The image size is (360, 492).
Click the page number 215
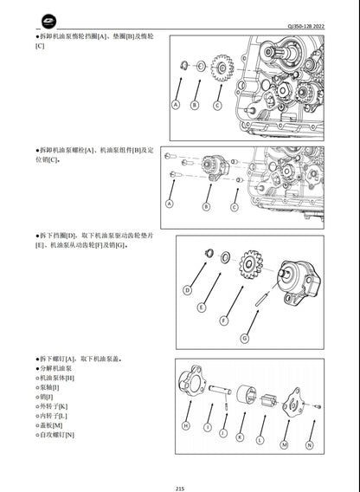coord(179,486)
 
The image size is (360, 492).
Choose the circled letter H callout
coord(186,426)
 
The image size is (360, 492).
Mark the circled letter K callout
coord(239,438)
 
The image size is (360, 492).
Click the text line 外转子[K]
coord(55,406)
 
